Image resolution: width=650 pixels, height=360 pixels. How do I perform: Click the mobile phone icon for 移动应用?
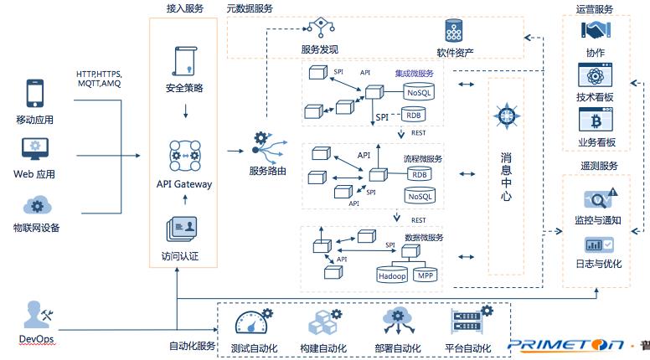pyautogui.click(x=34, y=94)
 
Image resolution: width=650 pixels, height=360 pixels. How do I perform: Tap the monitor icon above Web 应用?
pyautogui.click(x=34, y=150)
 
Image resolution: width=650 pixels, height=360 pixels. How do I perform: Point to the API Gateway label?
pyautogui.click(x=184, y=184)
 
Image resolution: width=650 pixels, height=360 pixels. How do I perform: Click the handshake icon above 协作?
pyautogui.click(x=596, y=29)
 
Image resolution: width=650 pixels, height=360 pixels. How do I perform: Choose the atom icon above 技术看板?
pyautogui.click(x=596, y=75)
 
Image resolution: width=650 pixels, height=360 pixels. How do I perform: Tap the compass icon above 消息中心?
pyautogui.click(x=506, y=117)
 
